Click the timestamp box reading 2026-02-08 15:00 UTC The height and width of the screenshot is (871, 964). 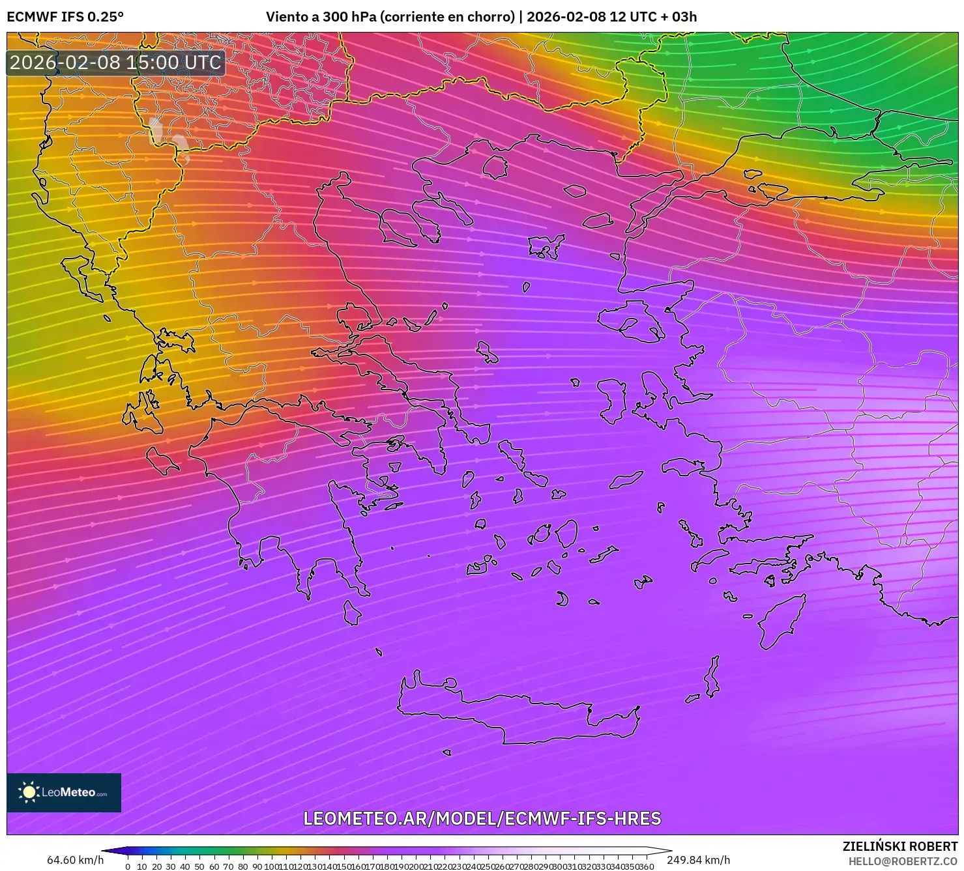(116, 63)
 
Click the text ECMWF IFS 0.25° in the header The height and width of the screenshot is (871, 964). (65, 17)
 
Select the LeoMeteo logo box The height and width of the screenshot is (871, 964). (64, 792)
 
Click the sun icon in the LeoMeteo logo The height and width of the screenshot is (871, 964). (29, 792)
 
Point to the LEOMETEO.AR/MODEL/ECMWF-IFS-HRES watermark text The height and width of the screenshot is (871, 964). (482, 818)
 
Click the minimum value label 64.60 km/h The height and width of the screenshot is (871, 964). (75, 860)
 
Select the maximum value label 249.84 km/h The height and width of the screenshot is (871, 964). (698, 860)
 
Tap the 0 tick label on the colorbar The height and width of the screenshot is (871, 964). (128, 866)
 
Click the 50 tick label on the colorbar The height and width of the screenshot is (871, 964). (199, 866)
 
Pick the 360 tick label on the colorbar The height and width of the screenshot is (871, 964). (646, 866)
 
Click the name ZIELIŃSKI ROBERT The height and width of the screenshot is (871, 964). (900, 847)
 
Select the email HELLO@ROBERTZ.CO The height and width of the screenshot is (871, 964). (903, 861)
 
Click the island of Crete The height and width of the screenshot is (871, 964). (515, 710)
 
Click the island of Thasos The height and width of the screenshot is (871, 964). (495, 167)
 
